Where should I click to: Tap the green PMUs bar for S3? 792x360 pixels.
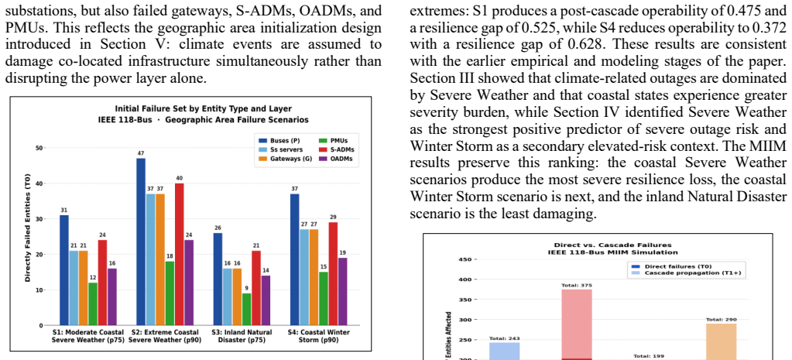tap(246, 310)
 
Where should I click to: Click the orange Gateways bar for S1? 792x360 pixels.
tap(84, 288)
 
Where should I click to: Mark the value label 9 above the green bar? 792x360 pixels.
tap(246, 288)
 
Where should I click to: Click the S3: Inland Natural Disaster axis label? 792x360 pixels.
tap(246, 336)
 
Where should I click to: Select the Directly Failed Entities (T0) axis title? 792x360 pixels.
tap(29, 235)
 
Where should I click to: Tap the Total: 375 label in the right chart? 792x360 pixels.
tap(576, 285)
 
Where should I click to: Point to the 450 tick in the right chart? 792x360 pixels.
tap(466, 259)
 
